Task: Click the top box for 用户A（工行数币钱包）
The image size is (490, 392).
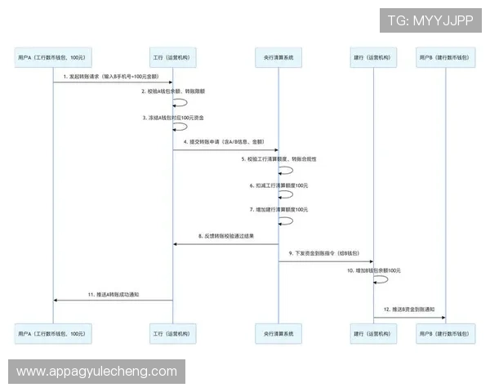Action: [54, 58]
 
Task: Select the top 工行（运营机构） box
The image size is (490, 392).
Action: [173, 58]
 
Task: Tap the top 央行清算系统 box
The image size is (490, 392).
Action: [278, 58]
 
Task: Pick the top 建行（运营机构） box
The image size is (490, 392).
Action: [374, 58]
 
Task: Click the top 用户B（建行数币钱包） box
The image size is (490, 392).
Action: [444, 58]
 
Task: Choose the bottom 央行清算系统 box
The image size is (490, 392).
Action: [278, 333]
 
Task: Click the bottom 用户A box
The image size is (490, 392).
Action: [54, 333]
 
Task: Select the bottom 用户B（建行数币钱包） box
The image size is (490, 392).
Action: [444, 333]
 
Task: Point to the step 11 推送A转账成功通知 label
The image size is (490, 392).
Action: [114, 293]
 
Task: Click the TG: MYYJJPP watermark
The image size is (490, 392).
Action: [430, 20]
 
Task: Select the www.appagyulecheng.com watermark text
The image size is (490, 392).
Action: [96, 372]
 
